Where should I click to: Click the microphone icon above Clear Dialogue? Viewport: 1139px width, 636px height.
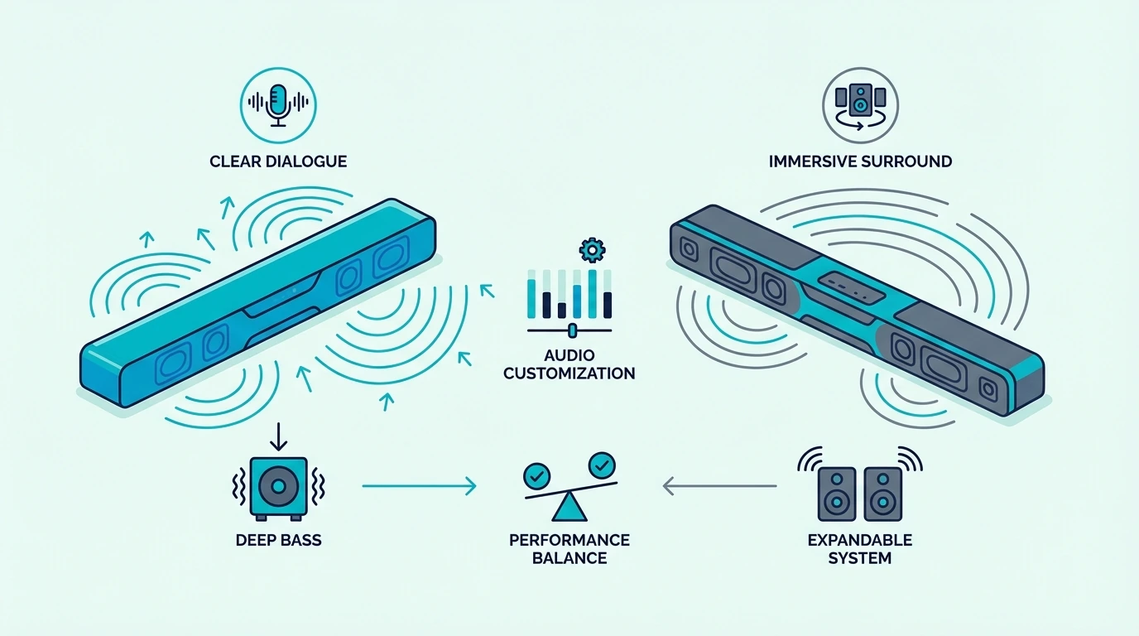[278, 105]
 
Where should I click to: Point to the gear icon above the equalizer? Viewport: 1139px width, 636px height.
[592, 250]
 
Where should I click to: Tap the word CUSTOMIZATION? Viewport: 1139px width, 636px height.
[569, 373]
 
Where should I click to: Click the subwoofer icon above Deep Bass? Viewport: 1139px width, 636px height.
[278, 488]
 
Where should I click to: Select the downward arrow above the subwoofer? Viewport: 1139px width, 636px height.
[278, 436]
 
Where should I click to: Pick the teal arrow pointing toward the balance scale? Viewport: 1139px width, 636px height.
[419, 486]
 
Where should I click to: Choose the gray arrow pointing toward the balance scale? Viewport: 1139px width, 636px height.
[720, 486]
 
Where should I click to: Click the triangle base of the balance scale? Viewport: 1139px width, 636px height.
[569, 508]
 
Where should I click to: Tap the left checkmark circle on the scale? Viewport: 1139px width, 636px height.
[537, 476]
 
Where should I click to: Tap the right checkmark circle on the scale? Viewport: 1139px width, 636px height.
[602, 465]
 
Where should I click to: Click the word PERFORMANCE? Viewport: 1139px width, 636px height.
[569, 540]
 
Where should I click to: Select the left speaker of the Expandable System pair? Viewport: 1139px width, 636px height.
[837, 494]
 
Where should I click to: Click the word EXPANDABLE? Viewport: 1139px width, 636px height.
[860, 540]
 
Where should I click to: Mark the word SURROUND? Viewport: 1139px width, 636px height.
[907, 161]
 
